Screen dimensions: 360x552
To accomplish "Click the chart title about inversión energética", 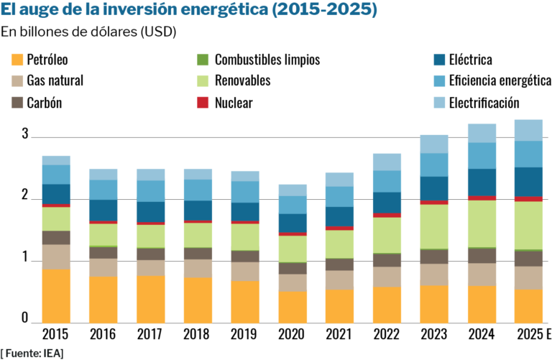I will tap(188, 11).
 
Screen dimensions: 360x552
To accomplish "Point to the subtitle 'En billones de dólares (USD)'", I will tap(88, 32).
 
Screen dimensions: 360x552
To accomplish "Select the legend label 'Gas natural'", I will tap(55, 80).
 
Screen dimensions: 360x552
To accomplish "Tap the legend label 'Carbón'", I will tap(44, 102).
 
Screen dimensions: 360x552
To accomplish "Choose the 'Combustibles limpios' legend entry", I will tap(267, 60).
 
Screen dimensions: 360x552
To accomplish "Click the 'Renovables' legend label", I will tap(242, 80).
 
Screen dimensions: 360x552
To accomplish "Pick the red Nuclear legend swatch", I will tap(202, 102).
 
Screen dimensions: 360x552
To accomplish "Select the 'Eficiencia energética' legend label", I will tap(500, 80).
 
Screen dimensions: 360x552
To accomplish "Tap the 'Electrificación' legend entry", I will tap(484, 102).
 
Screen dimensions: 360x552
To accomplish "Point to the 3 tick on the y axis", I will tap(25, 134).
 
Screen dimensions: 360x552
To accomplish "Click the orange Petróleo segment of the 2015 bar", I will tap(56, 295).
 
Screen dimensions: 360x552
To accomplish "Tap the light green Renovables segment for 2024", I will tap(482, 223).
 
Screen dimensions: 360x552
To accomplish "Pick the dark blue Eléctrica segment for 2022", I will tap(387, 202).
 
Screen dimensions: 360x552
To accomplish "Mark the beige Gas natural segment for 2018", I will tap(198, 268).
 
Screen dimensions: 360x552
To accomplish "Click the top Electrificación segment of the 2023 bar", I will tap(434, 144).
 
